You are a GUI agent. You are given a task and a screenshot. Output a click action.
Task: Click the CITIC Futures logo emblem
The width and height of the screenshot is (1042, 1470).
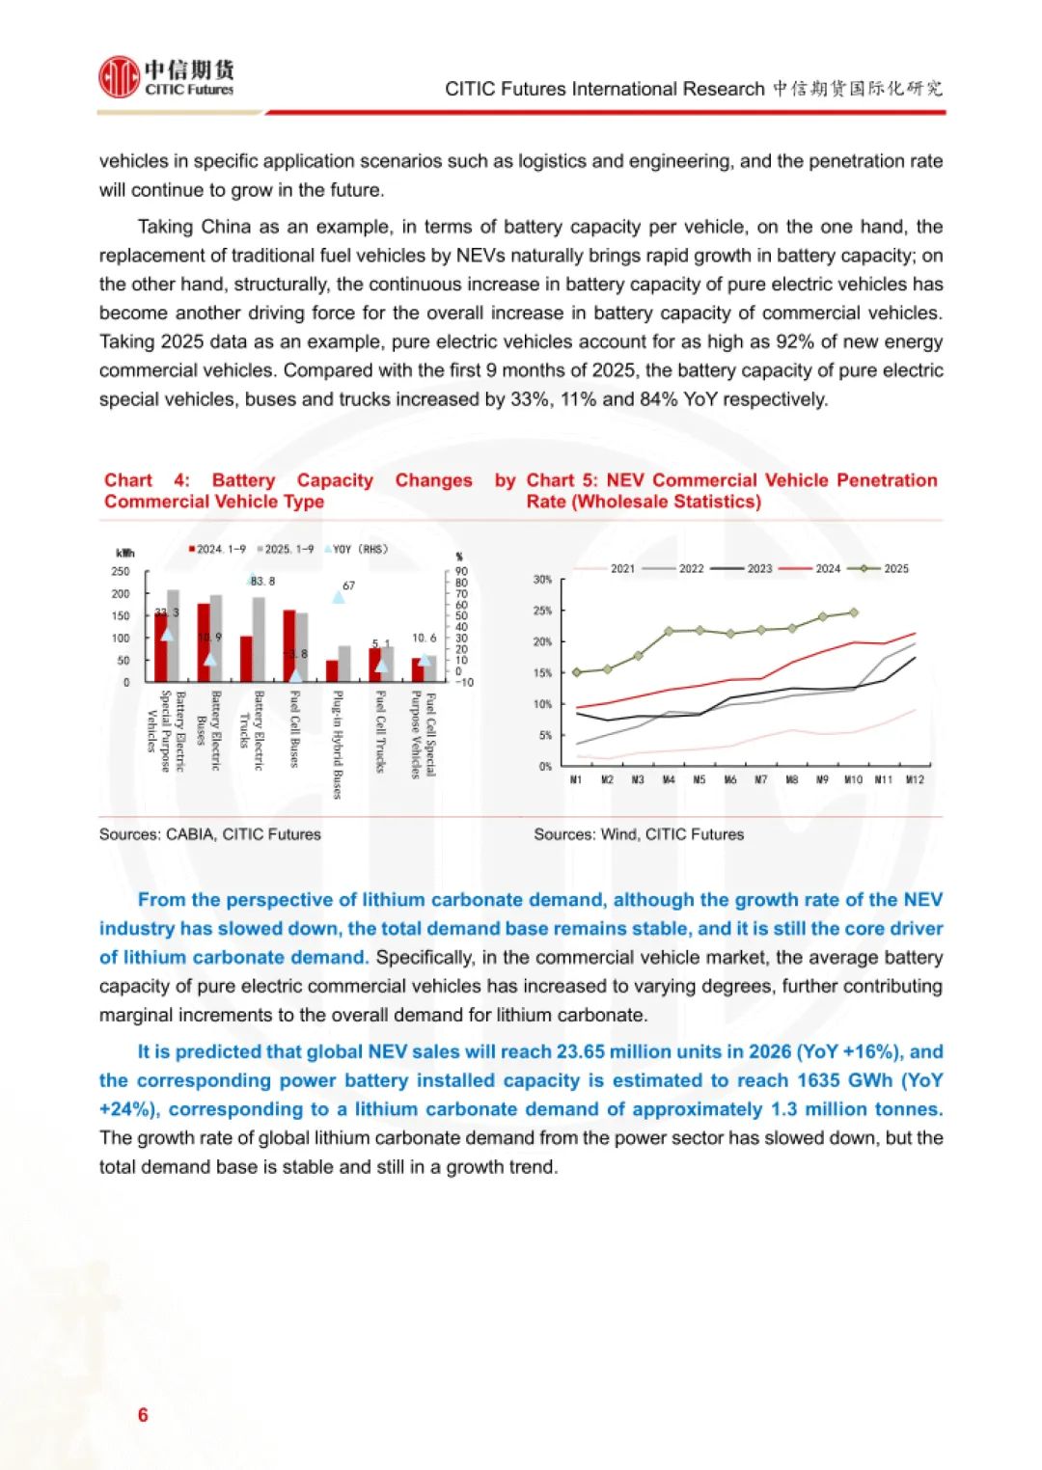(x=119, y=77)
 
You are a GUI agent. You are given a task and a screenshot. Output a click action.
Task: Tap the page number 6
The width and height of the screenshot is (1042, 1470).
(x=143, y=1415)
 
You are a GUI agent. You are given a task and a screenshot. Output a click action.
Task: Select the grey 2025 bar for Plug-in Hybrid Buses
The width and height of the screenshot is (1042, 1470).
(x=344, y=664)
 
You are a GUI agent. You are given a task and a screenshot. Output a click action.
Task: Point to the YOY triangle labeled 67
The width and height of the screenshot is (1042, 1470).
(x=339, y=597)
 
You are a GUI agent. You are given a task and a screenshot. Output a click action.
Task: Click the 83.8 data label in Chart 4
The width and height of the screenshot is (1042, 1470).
(x=262, y=582)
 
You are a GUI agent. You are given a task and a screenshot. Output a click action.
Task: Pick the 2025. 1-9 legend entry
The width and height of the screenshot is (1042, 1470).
(x=287, y=550)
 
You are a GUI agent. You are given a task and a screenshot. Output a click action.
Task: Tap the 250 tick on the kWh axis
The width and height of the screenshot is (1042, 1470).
(x=121, y=572)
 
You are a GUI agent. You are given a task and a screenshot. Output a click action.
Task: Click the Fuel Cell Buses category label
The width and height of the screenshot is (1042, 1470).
(x=295, y=728)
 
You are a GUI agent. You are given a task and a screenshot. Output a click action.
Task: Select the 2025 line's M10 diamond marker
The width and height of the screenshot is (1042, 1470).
(x=853, y=612)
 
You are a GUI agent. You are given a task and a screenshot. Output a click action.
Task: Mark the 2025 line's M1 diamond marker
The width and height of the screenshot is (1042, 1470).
(x=577, y=672)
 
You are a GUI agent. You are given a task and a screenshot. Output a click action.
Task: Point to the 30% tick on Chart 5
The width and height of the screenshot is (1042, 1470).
(x=542, y=580)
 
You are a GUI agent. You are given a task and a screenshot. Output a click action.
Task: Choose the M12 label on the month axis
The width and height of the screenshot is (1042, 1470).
(x=915, y=779)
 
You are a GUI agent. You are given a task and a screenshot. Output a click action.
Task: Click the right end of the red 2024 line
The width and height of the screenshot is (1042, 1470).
(x=914, y=634)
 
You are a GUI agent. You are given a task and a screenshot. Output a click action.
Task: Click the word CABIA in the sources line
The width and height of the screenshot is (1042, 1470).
(x=189, y=834)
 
